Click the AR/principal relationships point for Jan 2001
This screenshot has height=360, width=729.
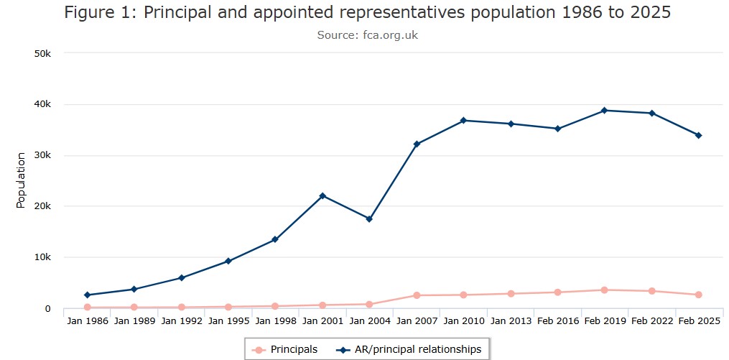(x=322, y=195)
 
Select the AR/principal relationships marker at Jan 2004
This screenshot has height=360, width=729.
(x=369, y=219)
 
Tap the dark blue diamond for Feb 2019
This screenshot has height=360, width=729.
(x=604, y=111)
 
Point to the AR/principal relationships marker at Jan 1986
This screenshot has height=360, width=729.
(x=87, y=295)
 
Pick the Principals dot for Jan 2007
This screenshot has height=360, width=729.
(x=416, y=295)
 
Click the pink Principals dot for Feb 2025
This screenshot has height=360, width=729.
(x=698, y=295)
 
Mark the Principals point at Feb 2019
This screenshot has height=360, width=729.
(x=604, y=290)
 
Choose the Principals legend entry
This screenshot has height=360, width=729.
(x=285, y=350)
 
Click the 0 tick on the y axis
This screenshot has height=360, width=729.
(x=48, y=309)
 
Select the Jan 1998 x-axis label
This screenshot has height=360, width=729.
(x=276, y=320)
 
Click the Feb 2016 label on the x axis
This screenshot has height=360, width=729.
(x=557, y=320)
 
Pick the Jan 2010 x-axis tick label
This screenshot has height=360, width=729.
(x=463, y=320)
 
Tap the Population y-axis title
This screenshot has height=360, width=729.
(x=21, y=180)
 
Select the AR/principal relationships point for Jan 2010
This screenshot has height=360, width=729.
(x=463, y=120)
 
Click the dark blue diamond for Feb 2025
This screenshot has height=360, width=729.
(x=698, y=135)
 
